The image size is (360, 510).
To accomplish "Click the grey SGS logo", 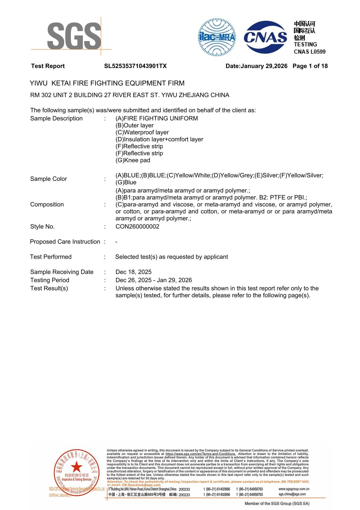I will pyautogui.click(x=74, y=36).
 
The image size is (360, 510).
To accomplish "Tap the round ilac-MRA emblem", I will pyautogui.click(x=217, y=37).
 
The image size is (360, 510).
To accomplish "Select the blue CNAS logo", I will pyautogui.click(x=265, y=37).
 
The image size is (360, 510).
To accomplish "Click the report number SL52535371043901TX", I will pyautogui.click(x=135, y=66).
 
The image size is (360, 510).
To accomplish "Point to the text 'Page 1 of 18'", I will pyautogui.click(x=310, y=66).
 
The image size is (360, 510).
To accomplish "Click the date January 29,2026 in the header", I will pyautogui.click(x=264, y=66).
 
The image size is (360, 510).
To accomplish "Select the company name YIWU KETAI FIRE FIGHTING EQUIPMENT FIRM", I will pyautogui.click(x=107, y=83).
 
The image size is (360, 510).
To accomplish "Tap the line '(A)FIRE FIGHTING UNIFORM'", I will pyautogui.click(x=157, y=118).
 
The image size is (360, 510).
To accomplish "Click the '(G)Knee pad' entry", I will pyautogui.click(x=133, y=160).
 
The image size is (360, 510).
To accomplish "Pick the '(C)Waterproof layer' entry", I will pyautogui.click(x=142, y=132).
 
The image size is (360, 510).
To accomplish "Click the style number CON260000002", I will pyautogui.click(x=137, y=227).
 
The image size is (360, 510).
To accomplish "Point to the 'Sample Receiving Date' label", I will pyautogui.click(x=62, y=272).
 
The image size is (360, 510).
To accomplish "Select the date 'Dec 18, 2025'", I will pyautogui.click(x=133, y=272).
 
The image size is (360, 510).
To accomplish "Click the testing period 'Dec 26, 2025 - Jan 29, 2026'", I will pyautogui.click(x=154, y=280).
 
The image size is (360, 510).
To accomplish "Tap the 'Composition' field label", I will pyautogui.click(x=47, y=204).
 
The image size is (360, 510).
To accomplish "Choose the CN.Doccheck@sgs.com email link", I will pyautogui.click(x=141, y=485).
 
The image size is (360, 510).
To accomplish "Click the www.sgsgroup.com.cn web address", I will pyautogui.click(x=294, y=489).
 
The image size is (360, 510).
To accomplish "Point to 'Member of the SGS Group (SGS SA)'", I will pyautogui.click(x=277, y=503).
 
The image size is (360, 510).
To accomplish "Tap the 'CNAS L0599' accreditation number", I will pyautogui.click(x=309, y=52).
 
